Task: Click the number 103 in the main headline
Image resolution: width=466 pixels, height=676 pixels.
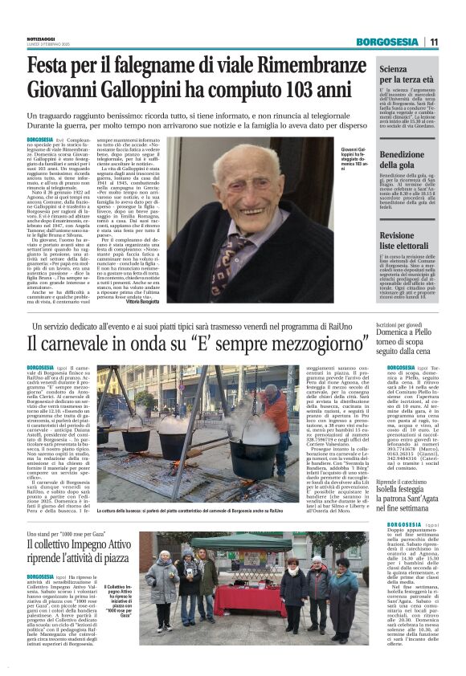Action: point(300,91)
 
